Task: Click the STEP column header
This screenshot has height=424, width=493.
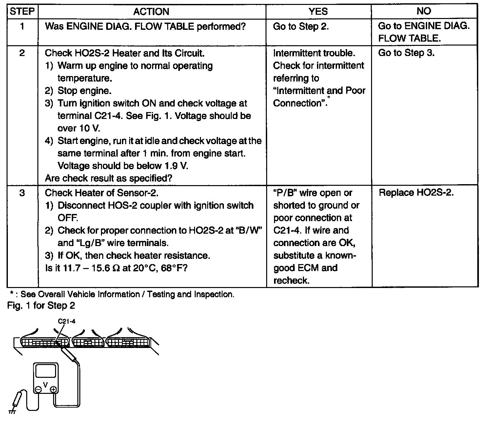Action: [x=22, y=11]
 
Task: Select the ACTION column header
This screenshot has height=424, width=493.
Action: [x=151, y=12]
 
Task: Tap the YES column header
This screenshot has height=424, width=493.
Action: [x=318, y=11]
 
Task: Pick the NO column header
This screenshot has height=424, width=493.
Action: [x=424, y=11]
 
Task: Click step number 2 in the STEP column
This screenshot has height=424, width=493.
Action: [x=22, y=53]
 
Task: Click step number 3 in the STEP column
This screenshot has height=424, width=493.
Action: [x=22, y=193]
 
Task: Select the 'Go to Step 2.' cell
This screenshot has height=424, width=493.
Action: [x=301, y=27]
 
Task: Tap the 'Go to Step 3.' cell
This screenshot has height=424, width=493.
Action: [x=406, y=53]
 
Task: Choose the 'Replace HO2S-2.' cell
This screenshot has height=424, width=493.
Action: [x=416, y=193]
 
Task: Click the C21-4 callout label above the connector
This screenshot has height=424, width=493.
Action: [x=67, y=321]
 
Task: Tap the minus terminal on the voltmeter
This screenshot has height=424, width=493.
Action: [x=38, y=389]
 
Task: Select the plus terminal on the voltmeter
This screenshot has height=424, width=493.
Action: [x=53, y=390]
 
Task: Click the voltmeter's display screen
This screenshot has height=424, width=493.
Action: [x=46, y=372]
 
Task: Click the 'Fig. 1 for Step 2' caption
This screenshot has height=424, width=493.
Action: [x=41, y=306]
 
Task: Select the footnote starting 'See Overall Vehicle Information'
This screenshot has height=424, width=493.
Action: [x=127, y=294]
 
